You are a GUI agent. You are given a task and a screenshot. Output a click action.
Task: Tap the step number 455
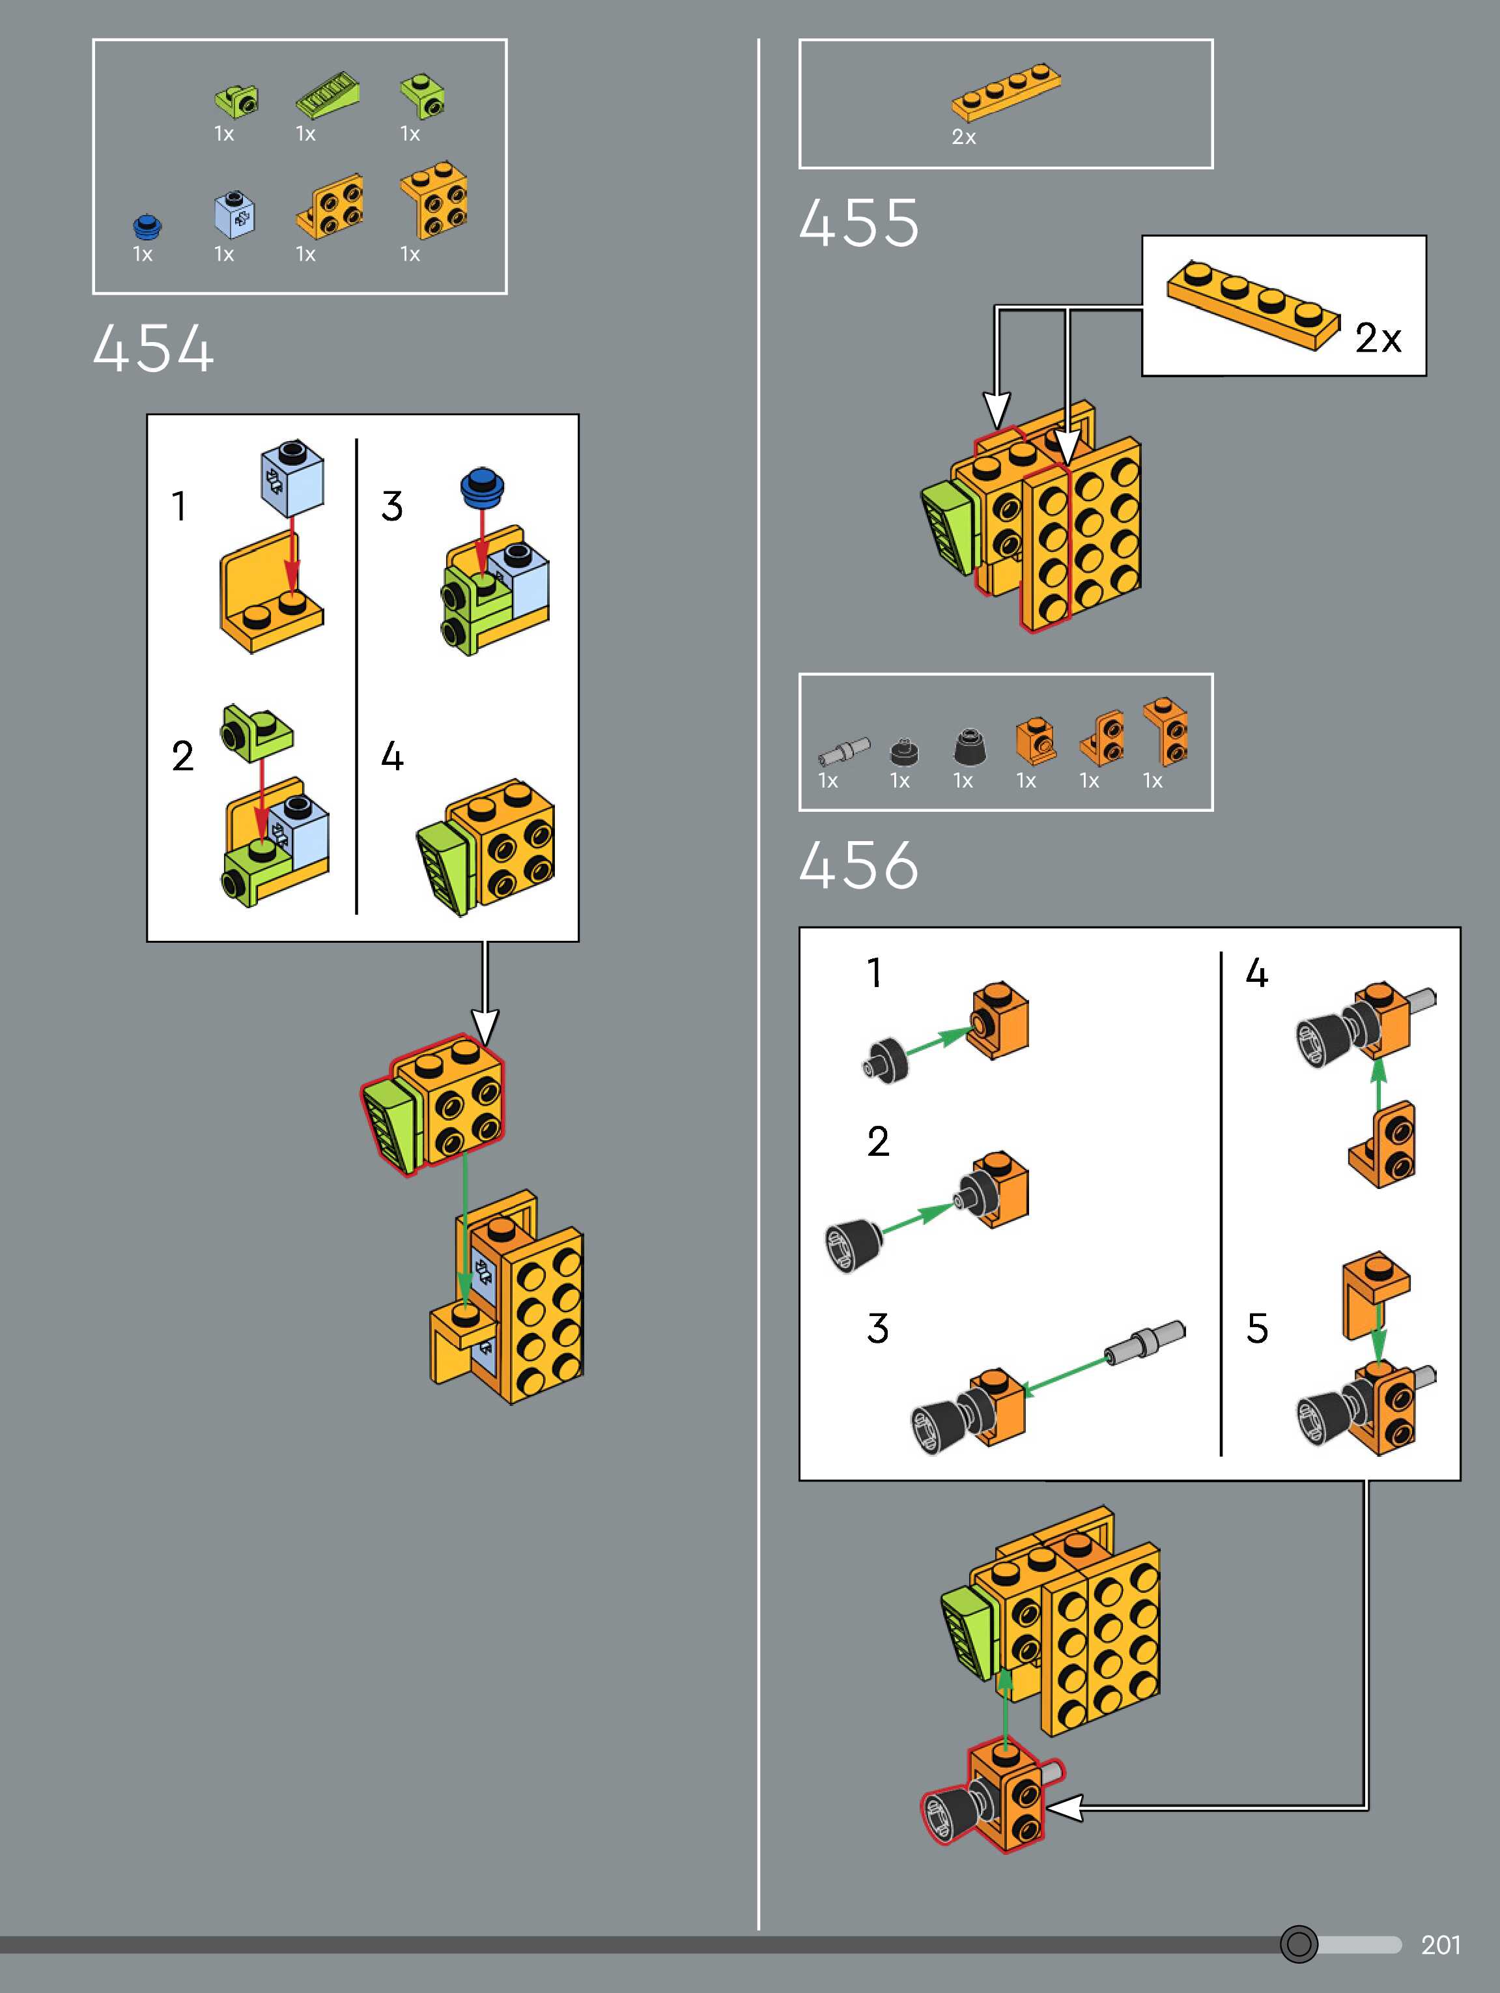coord(858,223)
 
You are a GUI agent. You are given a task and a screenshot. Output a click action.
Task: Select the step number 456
coord(858,865)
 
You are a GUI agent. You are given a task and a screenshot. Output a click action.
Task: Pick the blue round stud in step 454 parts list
coord(146,225)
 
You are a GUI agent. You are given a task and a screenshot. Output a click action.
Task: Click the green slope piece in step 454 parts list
coord(328,97)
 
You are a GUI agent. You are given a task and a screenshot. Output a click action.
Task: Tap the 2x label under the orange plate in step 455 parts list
coord(963,137)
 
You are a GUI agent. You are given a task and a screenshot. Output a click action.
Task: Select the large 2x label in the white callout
coord(1378,338)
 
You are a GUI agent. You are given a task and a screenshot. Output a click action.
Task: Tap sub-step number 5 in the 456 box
coord(1257,1328)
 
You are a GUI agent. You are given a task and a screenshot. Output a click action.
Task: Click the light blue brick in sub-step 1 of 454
coord(292,477)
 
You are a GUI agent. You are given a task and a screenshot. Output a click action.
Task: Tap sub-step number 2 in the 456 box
coord(877,1141)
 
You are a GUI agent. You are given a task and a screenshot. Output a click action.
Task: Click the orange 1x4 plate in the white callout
coord(1252,306)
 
